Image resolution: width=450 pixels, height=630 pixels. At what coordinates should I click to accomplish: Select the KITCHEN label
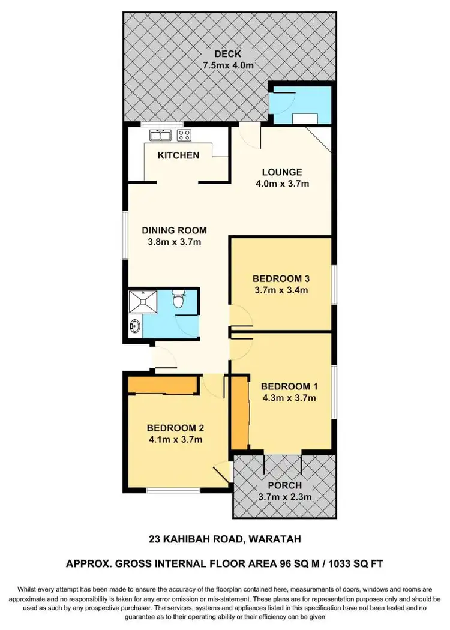point(178,155)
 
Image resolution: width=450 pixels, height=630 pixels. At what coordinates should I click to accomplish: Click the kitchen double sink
point(161,135)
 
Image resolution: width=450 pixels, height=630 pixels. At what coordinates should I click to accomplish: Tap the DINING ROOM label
point(174,230)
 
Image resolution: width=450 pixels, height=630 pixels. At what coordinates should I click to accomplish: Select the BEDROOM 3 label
point(280,278)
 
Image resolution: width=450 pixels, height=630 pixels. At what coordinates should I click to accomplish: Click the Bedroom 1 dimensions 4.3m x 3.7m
point(289,397)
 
